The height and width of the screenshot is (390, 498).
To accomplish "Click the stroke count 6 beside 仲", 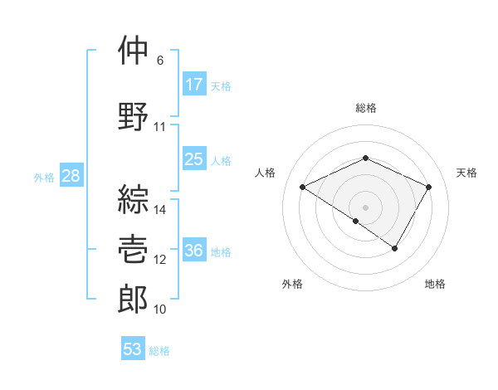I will point(160,61).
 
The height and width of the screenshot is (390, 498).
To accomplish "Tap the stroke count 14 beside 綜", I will point(160,210).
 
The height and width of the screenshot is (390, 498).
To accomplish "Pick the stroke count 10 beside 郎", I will point(160,310).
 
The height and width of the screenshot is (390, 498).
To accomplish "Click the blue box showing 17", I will point(194,84).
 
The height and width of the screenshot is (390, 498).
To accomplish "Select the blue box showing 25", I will point(194,158).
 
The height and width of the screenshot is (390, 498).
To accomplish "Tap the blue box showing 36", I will point(194,251).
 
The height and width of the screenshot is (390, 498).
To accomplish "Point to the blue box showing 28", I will point(71,176).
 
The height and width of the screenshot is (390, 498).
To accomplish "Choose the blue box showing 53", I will point(133,349).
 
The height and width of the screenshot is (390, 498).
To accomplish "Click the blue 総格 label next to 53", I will point(159,351).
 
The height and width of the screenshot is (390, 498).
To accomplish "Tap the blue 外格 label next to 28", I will point(44,177).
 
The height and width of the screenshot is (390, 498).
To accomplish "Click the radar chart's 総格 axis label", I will point(366,108).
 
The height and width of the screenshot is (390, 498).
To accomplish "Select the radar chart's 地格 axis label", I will point(435,285).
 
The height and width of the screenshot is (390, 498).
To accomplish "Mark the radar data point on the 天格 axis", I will point(429,188).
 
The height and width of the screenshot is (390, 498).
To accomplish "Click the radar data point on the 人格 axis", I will point(303,188).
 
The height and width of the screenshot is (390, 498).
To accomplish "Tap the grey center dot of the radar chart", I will point(365,206).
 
